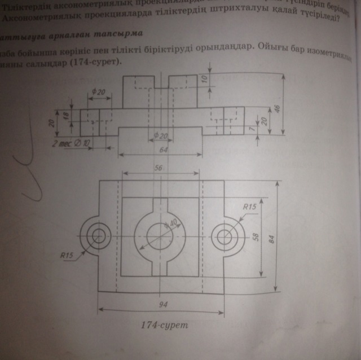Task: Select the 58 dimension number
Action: click(x=255, y=238)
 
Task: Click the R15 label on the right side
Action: click(x=249, y=207)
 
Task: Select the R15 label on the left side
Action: click(x=68, y=255)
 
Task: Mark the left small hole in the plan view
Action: click(x=100, y=235)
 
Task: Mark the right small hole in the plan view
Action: click(x=227, y=235)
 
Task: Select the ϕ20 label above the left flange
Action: click(x=98, y=92)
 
